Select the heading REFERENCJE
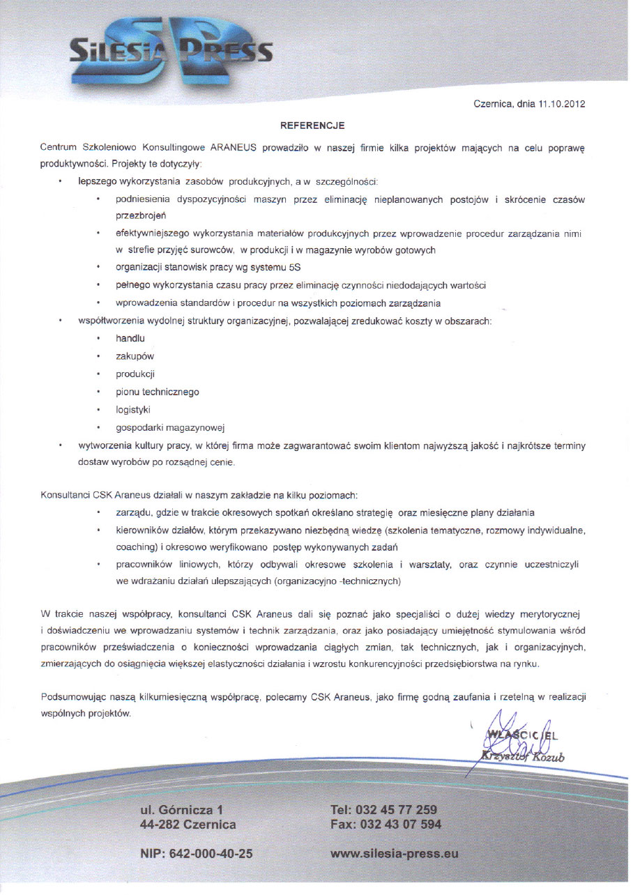tap(312, 126)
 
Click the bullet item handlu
tap(130, 338)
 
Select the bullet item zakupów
tap(135, 356)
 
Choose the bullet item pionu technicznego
tap(157, 392)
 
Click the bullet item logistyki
tap(133, 410)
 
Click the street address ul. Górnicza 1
tap(181, 810)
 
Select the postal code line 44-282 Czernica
tap(188, 825)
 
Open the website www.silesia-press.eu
tap(394, 854)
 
